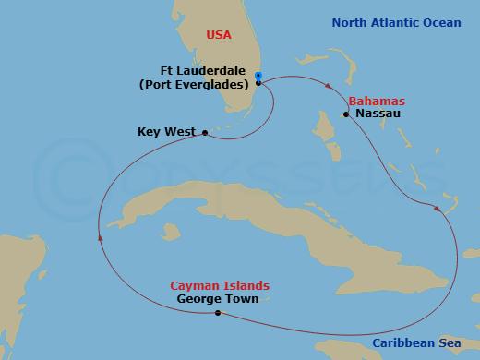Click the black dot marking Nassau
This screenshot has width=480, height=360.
pos(346,114)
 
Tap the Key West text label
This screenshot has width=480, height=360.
pos(166,133)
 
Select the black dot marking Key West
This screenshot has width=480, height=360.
pos(204,133)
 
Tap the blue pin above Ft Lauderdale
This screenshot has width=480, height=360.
pos(258,76)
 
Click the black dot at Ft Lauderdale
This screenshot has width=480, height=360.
pos(258,83)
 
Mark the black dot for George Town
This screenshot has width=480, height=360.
pos(217,314)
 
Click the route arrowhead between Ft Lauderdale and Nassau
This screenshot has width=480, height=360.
pos(330,88)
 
